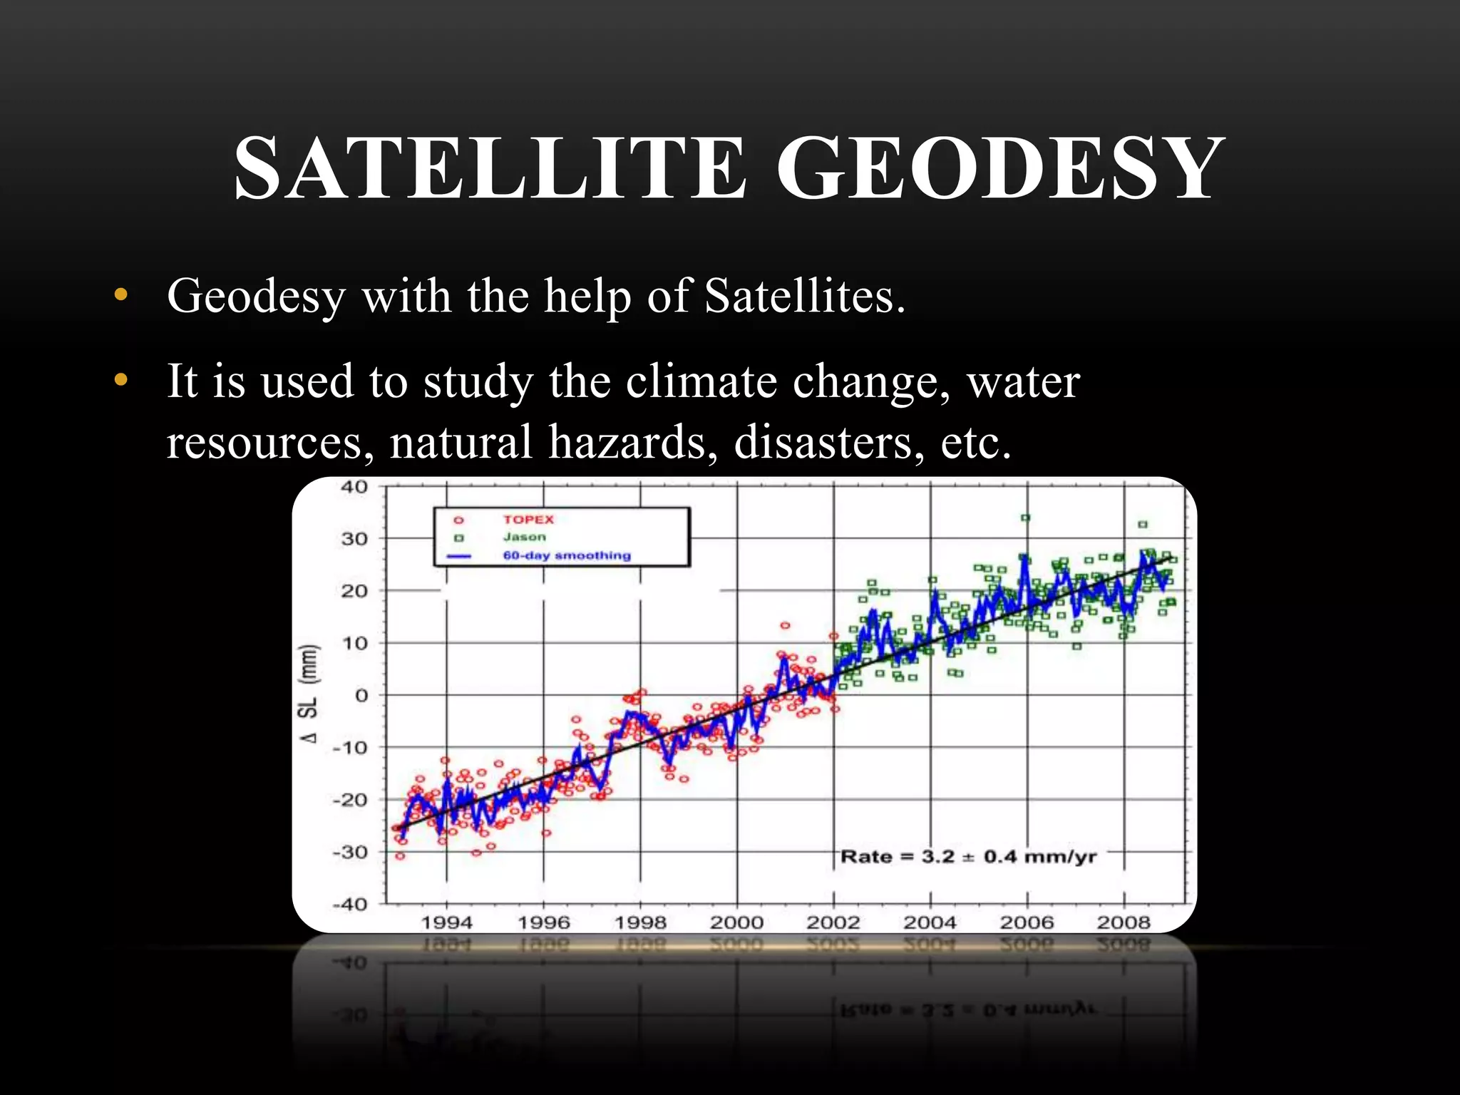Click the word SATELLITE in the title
(x=490, y=168)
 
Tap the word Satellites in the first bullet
(x=805, y=296)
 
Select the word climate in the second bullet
(x=701, y=381)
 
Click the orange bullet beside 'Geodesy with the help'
(x=120, y=295)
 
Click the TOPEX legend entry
(x=528, y=520)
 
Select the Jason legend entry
(x=524, y=538)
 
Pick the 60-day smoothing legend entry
(x=567, y=555)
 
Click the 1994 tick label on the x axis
(x=446, y=922)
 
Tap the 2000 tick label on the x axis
(x=736, y=922)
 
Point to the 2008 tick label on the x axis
(x=1124, y=922)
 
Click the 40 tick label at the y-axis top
(x=354, y=488)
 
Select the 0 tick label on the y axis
(x=361, y=695)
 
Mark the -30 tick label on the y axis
(x=350, y=852)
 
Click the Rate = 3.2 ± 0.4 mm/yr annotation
(x=968, y=856)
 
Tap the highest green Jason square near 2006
(x=1025, y=518)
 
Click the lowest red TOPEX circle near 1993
(x=400, y=855)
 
